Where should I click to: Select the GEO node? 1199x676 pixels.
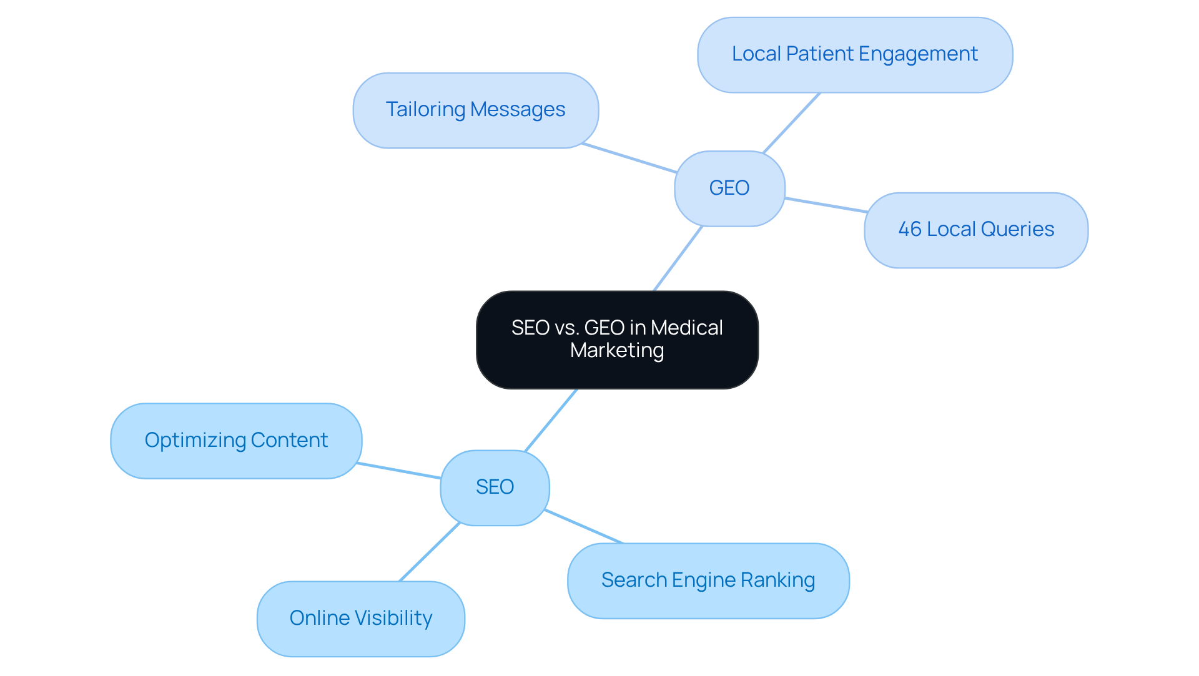tap(729, 188)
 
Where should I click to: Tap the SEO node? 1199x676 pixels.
tap(495, 487)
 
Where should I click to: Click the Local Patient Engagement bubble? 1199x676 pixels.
tap(854, 54)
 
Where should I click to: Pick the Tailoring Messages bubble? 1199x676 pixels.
tap(475, 110)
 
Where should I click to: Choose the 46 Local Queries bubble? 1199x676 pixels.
tap(975, 230)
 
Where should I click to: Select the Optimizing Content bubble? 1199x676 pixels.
tap(236, 441)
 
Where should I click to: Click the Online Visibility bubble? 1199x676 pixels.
tap(360, 618)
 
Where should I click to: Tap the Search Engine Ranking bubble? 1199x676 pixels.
tap(708, 580)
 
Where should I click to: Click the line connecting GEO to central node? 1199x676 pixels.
tap(678, 258)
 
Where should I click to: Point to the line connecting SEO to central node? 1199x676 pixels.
tap(551, 420)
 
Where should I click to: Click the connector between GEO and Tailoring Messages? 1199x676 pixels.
tap(629, 158)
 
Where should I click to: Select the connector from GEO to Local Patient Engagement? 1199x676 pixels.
tap(791, 122)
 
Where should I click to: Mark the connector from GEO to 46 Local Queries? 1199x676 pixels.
tap(826, 205)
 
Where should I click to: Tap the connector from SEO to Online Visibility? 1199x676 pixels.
tap(430, 552)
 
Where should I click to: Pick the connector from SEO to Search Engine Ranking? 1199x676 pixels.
tap(584, 527)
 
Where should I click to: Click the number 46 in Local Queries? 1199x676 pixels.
tap(909, 230)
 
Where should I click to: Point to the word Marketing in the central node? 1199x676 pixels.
tap(617, 350)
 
